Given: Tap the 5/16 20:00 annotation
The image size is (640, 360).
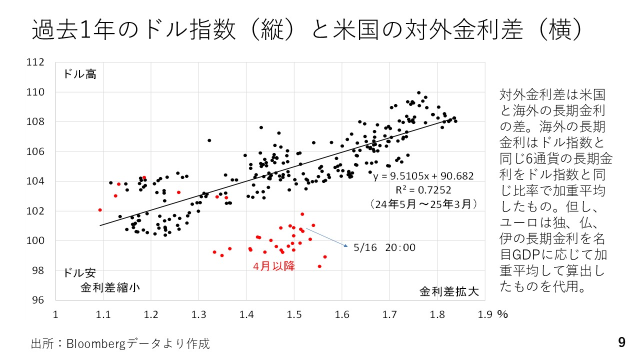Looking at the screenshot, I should (x=383, y=247).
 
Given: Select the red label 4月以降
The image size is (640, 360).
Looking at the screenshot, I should (x=274, y=266).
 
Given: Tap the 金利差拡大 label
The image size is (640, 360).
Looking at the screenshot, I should (x=449, y=291).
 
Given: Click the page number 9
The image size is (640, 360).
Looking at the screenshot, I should (x=621, y=342).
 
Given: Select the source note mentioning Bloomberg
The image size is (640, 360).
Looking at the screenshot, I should (x=120, y=343).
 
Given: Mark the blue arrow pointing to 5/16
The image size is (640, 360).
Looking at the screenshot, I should (x=327, y=237).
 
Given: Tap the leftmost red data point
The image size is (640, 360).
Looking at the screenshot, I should (x=100, y=210).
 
